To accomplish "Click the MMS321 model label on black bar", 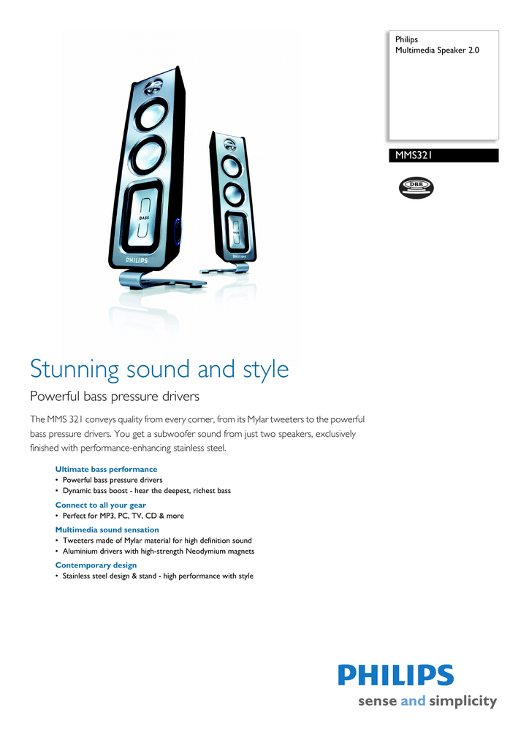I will pos(414,156).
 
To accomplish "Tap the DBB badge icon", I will pos(416,187).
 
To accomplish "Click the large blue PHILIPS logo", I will pos(395,675).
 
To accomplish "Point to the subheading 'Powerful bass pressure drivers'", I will pos(114,397).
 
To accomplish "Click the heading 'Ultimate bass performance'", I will pos(106,469).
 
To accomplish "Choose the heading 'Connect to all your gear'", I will pos(101,505).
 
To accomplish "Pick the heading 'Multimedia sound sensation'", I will pos(107,530).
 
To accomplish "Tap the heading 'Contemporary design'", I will pos(96,565).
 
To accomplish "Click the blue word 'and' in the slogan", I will pos(413,701).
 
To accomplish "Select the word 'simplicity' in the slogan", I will pos(463,701).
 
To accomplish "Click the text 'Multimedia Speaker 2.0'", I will pos(437,50).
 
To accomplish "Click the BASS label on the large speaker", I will pos(144,218).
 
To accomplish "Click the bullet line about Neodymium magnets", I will pos(158,551).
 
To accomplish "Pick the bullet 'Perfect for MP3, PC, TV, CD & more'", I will pos(123,516).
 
